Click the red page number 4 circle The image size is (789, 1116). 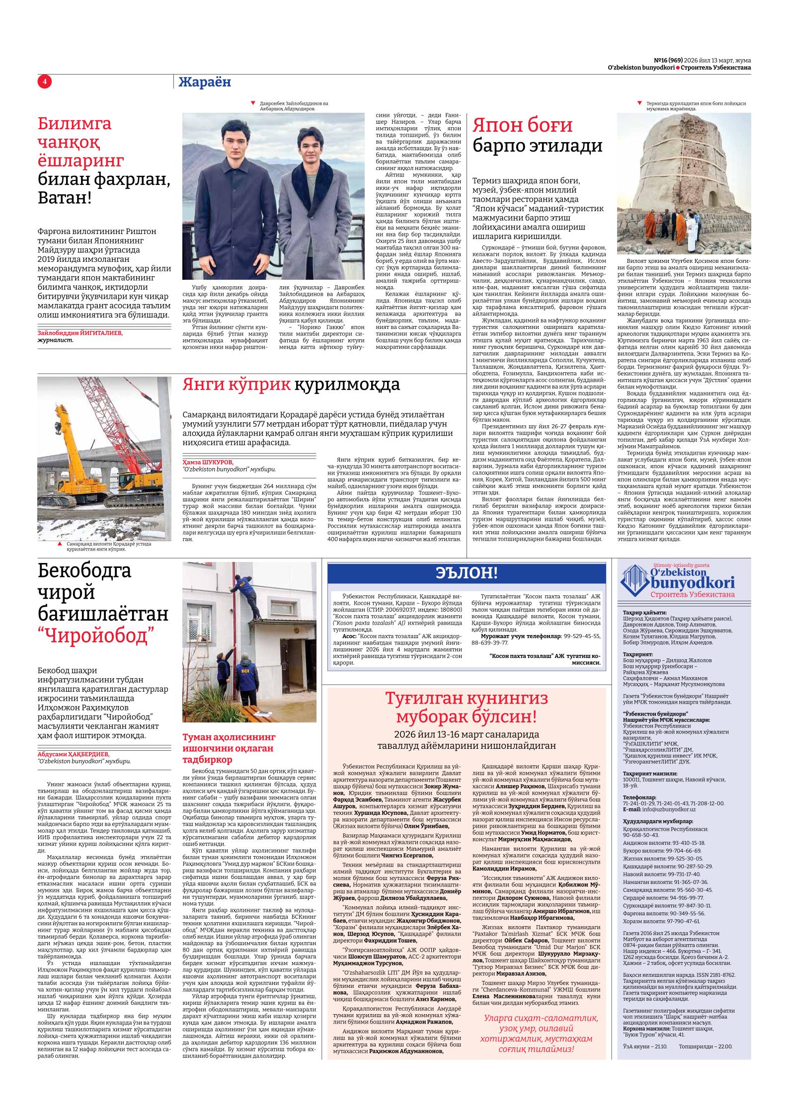point(44,81)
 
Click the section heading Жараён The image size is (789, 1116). point(205,82)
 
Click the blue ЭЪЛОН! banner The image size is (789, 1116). point(467,573)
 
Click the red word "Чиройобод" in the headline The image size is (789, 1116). point(96,636)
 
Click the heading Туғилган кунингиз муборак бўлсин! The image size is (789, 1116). point(467,708)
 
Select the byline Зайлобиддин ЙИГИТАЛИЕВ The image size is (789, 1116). point(80,333)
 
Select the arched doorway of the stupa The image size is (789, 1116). point(713,201)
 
